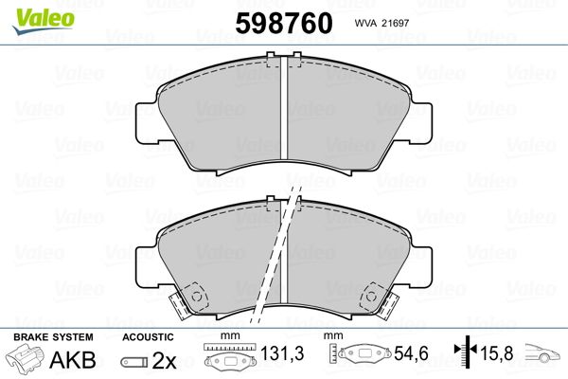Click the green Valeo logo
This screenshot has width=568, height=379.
[43, 21]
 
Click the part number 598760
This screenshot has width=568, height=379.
[284, 23]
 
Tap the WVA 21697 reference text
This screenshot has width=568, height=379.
[382, 23]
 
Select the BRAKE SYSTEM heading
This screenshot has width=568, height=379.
[53, 337]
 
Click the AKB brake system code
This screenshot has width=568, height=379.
[73, 360]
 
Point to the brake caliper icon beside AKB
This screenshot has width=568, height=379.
[25, 358]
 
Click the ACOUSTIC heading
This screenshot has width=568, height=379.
[148, 337]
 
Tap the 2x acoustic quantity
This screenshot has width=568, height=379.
[164, 360]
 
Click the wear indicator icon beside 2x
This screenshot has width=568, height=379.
[134, 362]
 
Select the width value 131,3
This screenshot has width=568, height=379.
[282, 353]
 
